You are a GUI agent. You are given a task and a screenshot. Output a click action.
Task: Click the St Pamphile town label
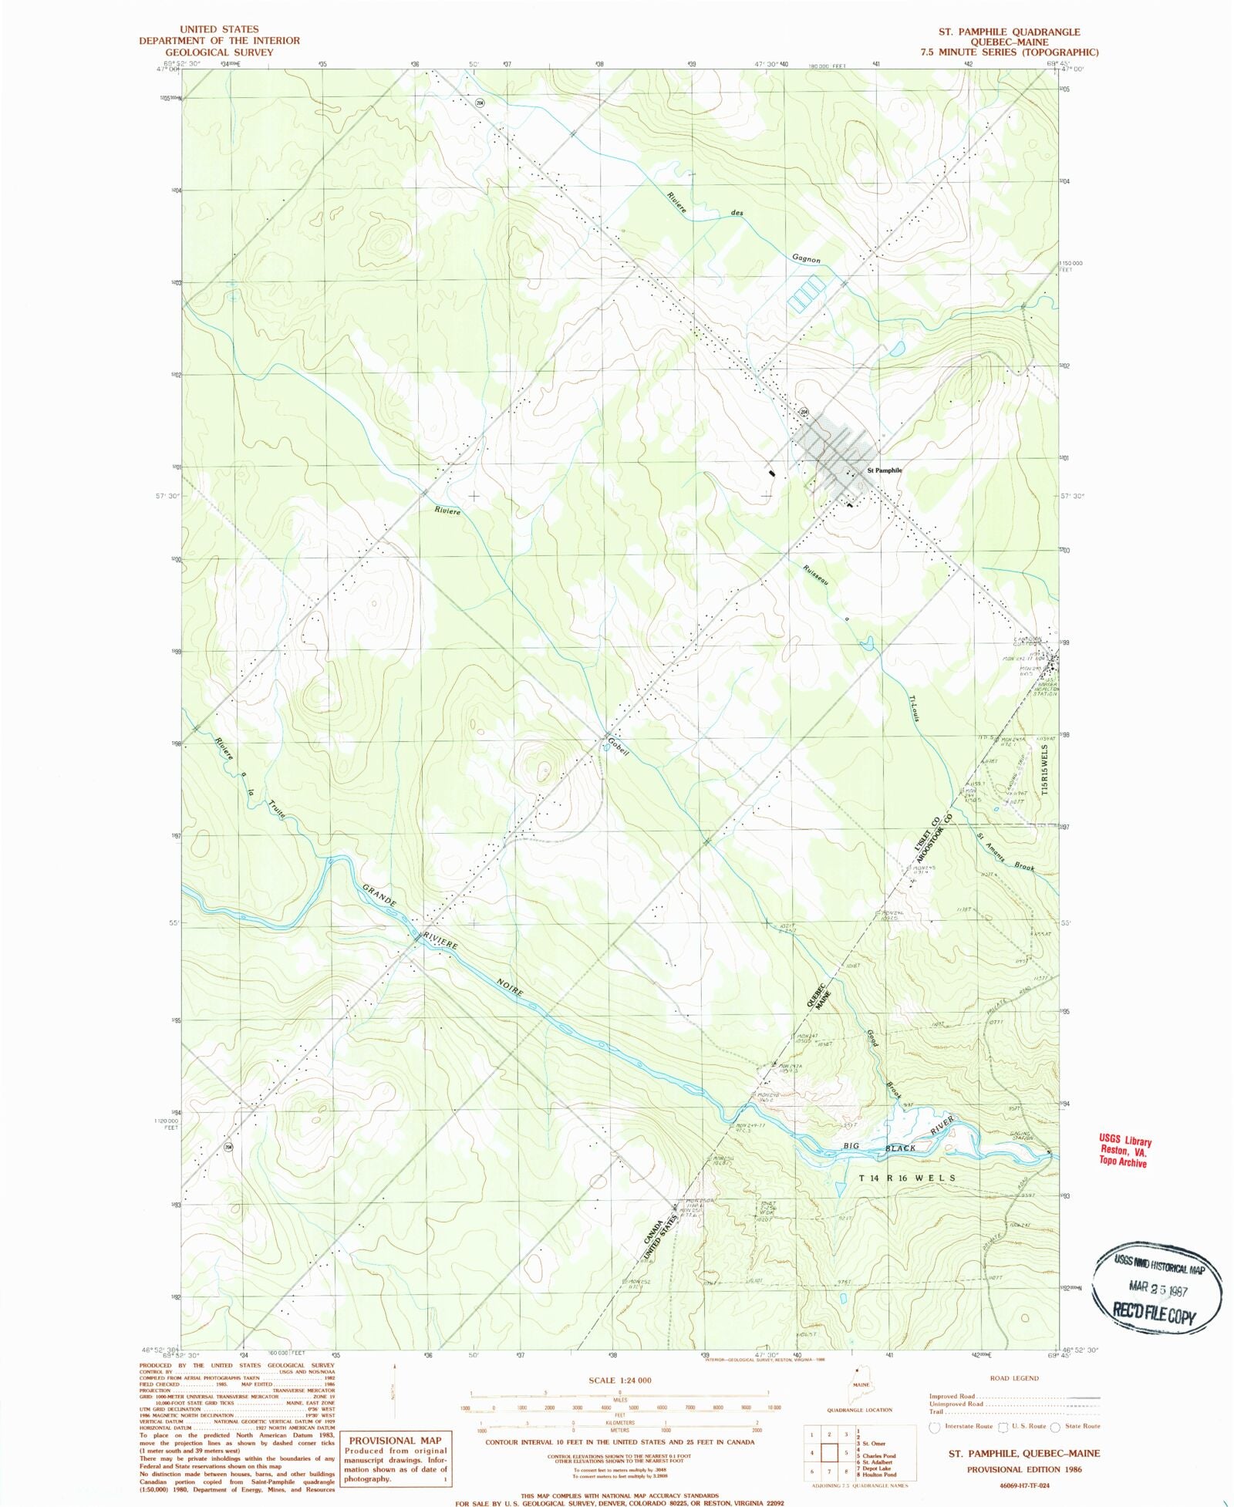tap(885, 470)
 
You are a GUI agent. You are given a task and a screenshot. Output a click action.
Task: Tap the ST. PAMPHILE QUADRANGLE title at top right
tap(1008, 32)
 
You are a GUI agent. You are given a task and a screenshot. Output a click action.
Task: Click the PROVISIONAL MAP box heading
tap(395, 1440)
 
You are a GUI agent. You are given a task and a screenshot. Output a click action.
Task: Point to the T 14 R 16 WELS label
tap(908, 1178)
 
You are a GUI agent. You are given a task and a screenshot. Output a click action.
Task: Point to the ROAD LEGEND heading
tap(1013, 1377)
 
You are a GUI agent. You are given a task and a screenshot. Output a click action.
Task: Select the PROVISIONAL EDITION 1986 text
tap(1024, 1469)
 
